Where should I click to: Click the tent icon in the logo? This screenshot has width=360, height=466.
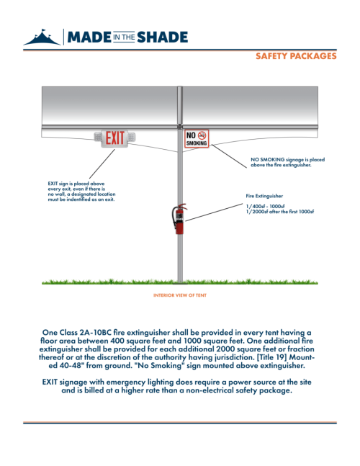coord(42,37)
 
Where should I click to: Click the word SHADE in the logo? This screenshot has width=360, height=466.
coord(163,37)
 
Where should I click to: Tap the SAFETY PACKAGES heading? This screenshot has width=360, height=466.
coord(296,56)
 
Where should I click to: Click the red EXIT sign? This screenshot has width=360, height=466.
coord(114,138)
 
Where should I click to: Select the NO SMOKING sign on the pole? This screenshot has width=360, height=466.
coord(197,138)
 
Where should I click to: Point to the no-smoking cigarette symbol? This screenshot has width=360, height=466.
coord(202,135)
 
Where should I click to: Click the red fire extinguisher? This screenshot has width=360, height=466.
coord(179,219)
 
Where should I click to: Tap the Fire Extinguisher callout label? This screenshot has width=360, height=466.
coord(264,196)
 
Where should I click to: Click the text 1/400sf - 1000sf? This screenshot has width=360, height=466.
coord(265,206)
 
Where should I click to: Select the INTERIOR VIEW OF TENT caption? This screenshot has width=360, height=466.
coord(180,295)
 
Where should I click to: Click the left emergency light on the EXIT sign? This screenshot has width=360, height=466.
coord(98,137)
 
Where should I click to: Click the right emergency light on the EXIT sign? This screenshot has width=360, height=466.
coord(132,137)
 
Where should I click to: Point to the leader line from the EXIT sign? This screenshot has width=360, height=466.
coord(102,163)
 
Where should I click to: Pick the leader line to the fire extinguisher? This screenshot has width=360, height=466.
coord(214,212)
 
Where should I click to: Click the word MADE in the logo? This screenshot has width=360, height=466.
coord(89,37)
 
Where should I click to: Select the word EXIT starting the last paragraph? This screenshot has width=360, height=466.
coord(50,382)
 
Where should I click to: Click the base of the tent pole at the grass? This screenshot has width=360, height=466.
coord(180,281)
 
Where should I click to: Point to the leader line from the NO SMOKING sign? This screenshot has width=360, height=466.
coord(229,156)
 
